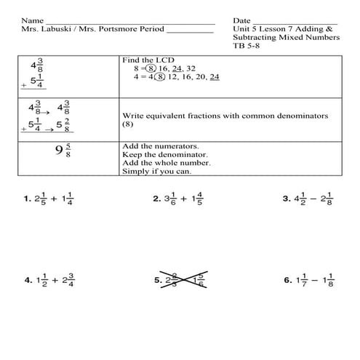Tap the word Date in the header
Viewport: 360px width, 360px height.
click(x=242, y=20)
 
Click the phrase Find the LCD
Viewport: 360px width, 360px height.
click(x=150, y=60)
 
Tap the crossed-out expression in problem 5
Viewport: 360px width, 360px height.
click(x=185, y=280)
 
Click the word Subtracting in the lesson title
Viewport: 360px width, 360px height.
click(x=258, y=37)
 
